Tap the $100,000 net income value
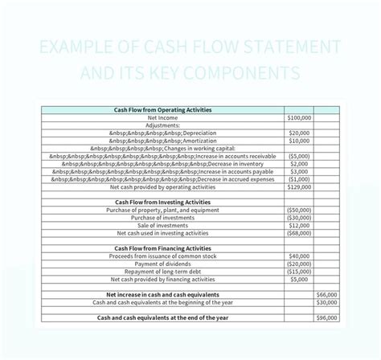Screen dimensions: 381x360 [299, 117]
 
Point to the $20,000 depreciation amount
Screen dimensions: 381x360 [299, 133]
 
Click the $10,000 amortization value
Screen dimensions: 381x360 [299, 140]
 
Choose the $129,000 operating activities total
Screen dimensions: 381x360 [299, 186]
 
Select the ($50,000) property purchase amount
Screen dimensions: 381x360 [298, 210]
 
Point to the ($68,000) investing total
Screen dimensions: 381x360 [298, 233]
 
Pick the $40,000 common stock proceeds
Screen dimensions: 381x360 [299, 256]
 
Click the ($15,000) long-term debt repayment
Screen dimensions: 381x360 [298, 272]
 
